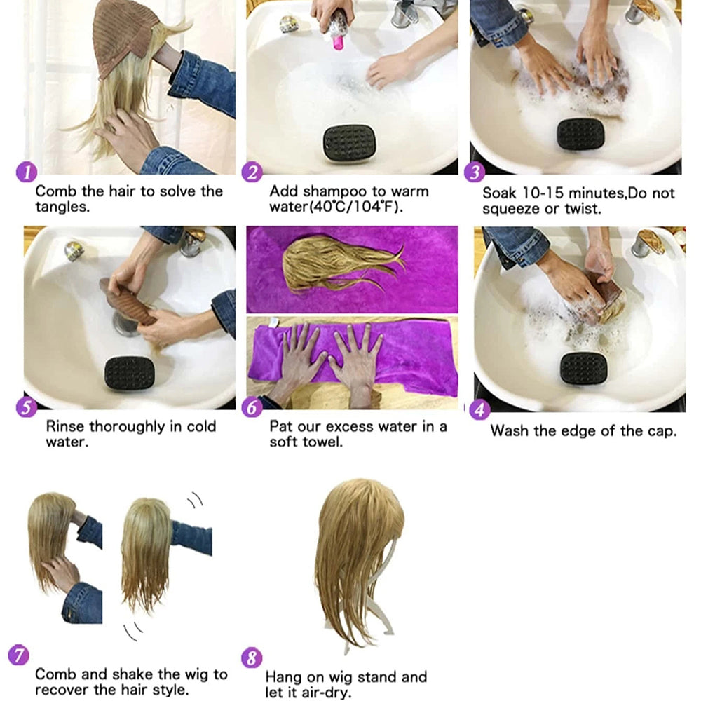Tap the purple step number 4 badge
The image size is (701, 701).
(479, 409)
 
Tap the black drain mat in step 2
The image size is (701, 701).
(349, 143)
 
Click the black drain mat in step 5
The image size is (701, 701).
(129, 374)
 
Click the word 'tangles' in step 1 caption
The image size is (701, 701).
(61, 207)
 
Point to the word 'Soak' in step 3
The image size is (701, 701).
(501, 193)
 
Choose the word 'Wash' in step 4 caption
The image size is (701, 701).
(510, 430)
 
